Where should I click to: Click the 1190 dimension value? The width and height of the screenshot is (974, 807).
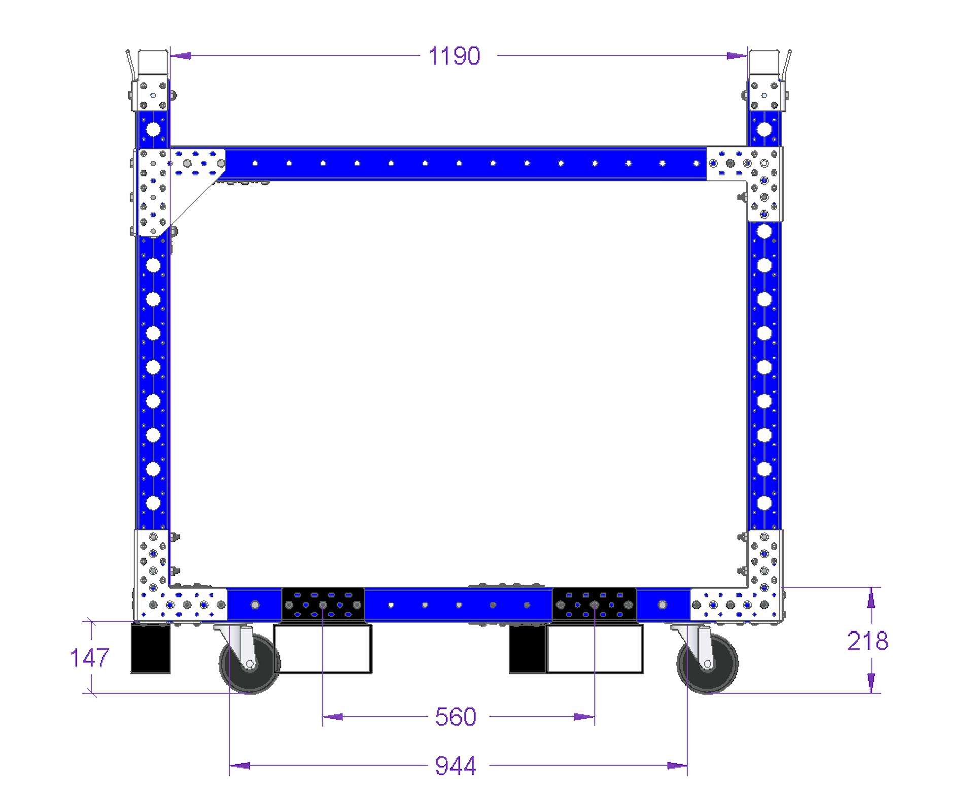[454, 56]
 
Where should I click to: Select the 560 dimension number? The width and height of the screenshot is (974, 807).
[456, 717]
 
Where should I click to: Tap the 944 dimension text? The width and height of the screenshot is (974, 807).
[456, 766]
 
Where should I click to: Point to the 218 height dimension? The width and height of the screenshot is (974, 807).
[867, 641]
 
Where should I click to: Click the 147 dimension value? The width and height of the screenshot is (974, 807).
[89, 658]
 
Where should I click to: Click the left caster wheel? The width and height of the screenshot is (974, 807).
[249, 663]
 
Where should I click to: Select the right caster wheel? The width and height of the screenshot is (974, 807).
[708, 663]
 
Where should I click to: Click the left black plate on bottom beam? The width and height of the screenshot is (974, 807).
[323, 605]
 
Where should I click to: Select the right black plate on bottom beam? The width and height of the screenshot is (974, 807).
[594, 605]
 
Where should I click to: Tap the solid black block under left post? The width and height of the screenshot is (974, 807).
[151, 648]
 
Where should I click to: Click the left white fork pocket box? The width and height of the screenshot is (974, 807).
[323, 649]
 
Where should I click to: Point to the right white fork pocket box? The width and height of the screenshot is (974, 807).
[595, 649]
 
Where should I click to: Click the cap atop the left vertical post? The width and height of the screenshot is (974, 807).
[153, 63]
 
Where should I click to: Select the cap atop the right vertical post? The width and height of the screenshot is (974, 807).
[764, 63]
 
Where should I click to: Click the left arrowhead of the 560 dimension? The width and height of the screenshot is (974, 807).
[333, 717]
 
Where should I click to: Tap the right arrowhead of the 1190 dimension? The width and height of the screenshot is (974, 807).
[737, 56]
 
